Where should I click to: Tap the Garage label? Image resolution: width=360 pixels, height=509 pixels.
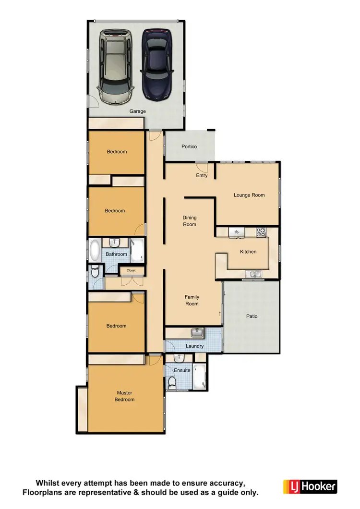coord(137,111)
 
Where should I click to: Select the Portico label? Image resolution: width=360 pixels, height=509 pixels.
coord(189,146)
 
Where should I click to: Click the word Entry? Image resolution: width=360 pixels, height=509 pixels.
coord(202,175)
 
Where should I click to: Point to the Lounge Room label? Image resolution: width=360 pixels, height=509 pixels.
coord(249,195)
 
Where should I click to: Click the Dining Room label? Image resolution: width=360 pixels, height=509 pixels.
coord(190,221)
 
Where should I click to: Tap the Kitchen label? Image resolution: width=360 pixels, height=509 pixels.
coord(248,252)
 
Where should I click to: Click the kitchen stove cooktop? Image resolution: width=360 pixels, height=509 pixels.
coord(261,232)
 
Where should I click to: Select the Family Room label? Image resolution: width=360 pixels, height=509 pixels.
coord(192,300)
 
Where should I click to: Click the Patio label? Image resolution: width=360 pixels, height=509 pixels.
coord(252,316)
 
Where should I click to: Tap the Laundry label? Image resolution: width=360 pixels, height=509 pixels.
coord(194,346)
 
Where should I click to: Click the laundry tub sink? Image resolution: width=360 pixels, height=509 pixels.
coord(197,332)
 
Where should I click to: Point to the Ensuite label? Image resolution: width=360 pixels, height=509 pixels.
coord(182,370)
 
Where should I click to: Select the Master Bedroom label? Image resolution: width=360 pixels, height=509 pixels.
coord(125,396)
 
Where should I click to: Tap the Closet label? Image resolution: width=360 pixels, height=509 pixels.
coord(131,270)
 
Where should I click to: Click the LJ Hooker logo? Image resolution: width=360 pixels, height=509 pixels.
coord(310,486)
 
